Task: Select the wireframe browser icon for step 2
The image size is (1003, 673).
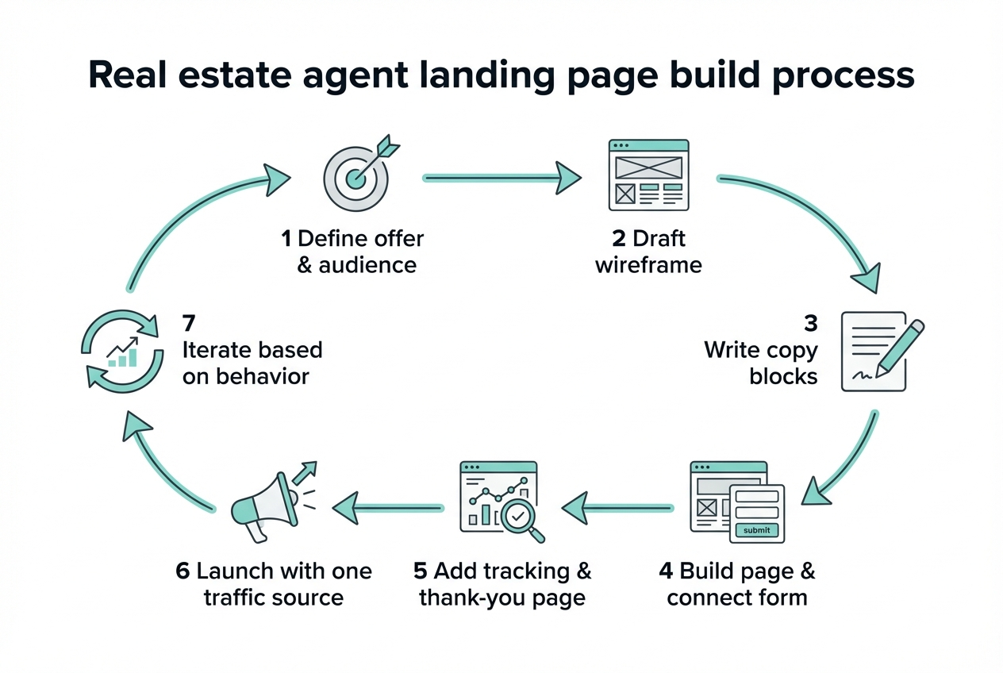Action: point(648,175)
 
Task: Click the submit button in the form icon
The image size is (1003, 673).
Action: point(757,530)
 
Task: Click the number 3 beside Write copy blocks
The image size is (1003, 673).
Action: point(810,323)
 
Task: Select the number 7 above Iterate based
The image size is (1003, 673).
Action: point(188,323)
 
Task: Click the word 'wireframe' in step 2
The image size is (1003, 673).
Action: point(648,264)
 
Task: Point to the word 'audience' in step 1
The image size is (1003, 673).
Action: point(367,264)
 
